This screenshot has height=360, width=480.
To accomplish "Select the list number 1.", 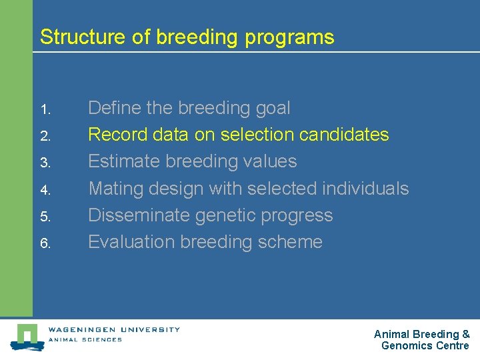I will [45, 109].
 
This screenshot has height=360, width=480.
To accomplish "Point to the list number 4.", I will [45, 190].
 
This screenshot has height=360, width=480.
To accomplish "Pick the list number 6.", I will [45, 243].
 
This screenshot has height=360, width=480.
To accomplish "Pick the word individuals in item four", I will [365, 189].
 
